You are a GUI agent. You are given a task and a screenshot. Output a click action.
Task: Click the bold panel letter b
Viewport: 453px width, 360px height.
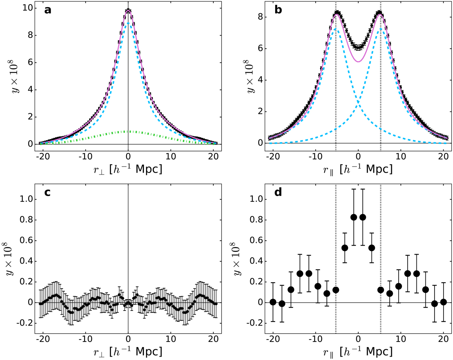coord(278,10)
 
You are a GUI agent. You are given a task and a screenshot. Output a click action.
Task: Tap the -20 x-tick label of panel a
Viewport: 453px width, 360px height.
coord(41,157)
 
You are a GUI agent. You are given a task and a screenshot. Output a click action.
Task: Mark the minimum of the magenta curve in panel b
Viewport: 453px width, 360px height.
coord(358,62)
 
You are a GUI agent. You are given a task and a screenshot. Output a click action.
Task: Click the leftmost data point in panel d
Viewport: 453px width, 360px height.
coord(273,302)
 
